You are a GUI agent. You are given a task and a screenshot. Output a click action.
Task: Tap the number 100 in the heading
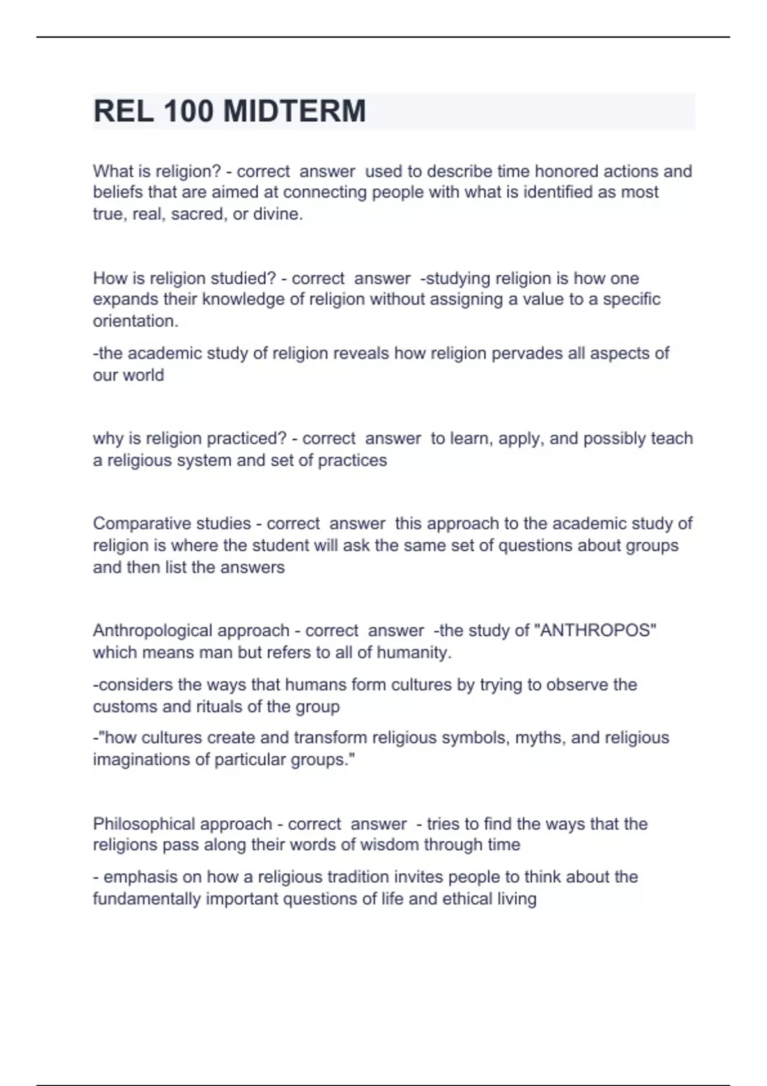pos(188,111)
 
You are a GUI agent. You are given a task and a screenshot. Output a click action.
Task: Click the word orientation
pos(135,321)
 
